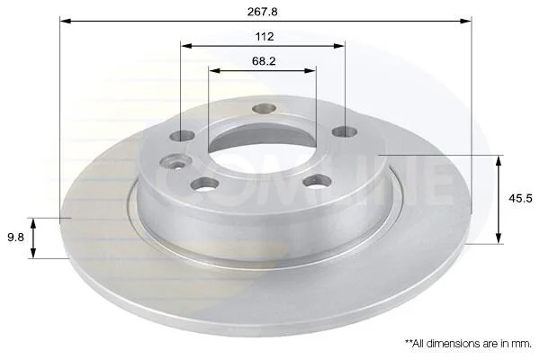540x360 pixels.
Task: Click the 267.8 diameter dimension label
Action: pyautogui.click(x=262, y=12)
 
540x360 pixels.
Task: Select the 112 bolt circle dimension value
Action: pyautogui.click(x=265, y=37)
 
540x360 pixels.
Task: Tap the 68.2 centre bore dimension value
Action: pyautogui.click(x=264, y=61)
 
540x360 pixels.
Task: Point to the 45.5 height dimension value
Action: pyautogui.click(x=520, y=198)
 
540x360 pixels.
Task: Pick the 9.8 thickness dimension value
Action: pyautogui.click(x=16, y=237)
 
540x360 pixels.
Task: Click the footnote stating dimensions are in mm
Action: pyautogui.click(x=468, y=343)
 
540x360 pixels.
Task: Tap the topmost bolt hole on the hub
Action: pyautogui.click(x=264, y=109)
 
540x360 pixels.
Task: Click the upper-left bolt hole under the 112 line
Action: pyautogui.click(x=182, y=136)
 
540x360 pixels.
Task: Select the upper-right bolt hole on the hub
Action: pyautogui.click(x=345, y=131)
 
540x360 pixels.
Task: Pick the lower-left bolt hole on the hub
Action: pyautogui.click(x=205, y=184)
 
